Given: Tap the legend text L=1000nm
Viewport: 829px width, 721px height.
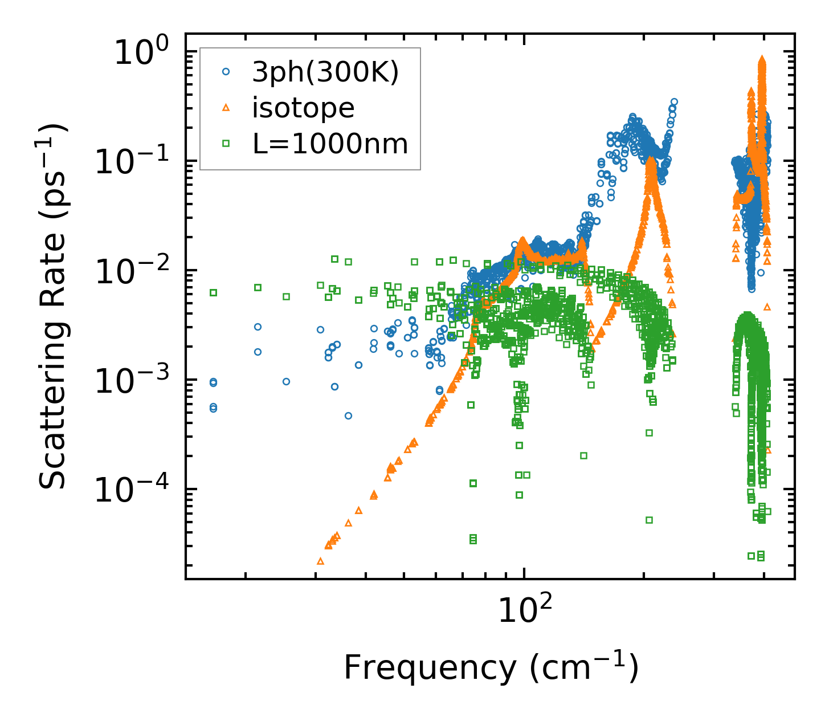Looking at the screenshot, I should click(330, 144).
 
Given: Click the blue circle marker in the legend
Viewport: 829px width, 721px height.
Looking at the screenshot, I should click(226, 72).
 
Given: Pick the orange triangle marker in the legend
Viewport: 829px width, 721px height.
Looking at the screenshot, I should click(226, 107).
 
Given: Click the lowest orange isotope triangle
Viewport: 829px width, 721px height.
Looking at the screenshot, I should click(320, 561).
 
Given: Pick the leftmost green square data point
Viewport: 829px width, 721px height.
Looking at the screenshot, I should click(214, 292).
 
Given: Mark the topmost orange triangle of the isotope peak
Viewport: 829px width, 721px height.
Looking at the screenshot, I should click(762, 59).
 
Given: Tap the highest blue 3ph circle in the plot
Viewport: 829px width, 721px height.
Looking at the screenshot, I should click(674, 102).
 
